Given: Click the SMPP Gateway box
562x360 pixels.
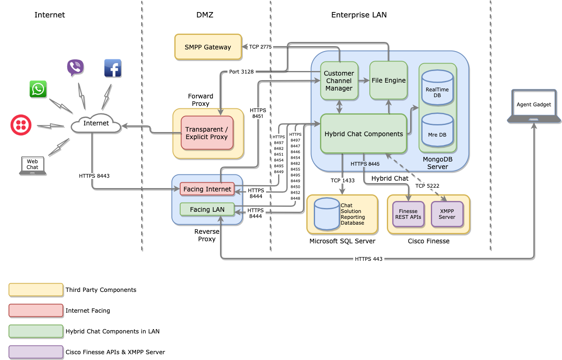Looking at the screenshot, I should click(x=208, y=47).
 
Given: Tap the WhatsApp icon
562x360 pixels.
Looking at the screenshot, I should click(x=38, y=89).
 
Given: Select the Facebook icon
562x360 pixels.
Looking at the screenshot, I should click(x=112, y=68).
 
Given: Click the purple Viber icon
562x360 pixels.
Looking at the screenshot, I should click(x=75, y=68).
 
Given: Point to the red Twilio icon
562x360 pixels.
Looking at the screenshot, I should click(x=21, y=125).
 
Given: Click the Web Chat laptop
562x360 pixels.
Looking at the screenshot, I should click(x=32, y=165).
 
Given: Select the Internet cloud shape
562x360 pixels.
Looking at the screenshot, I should click(x=96, y=123).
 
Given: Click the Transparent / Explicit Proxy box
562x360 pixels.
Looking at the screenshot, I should click(x=207, y=133).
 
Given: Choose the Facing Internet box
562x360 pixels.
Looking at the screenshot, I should click(x=207, y=189).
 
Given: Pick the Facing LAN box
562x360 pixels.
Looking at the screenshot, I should click(x=207, y=209).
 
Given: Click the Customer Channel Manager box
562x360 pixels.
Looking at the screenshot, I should click(x=339, y=81).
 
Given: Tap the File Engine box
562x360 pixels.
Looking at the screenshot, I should click(x=389, y=80).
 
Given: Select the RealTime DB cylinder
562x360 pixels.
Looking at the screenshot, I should click(x=437, y=88).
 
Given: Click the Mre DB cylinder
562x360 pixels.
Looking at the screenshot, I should click(x=437, y=130).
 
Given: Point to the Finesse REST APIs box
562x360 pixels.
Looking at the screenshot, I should click(x=408, y=214).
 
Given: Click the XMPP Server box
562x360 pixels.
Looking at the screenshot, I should click(x=447, y=214).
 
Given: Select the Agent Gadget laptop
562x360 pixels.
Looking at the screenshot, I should click(x=533, y=106).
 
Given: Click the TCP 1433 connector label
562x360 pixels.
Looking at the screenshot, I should click(x=342, y=181).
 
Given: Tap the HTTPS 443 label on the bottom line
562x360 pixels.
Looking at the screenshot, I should click(x=369, y=259).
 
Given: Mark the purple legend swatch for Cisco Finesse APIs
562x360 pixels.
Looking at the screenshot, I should click(x=36, y=352).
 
